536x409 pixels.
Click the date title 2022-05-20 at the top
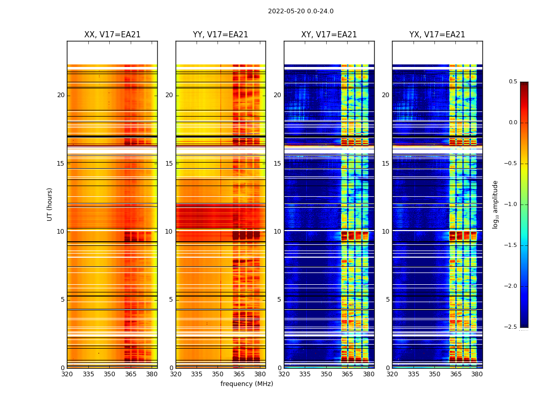pyautogui.click(x=301, y=11)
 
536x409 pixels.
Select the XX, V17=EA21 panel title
pyautogui.click(x=112, y=35)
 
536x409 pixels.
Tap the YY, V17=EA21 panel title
pyautogui.click(x=221, y=35)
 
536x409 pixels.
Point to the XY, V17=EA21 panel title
pyautogui.click(x=329, y=35)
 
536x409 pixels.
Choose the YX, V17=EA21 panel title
pyautogui.click(x=437, y=35)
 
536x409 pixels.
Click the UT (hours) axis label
pyautogui.click(x=50, y=204)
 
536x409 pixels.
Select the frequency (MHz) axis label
pyautogui.click(x=247, y=384)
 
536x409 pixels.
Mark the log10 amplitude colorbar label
pyautogui.click(x=495, y=204)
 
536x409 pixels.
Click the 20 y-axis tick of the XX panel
pyautogui.click(x=61, y=95)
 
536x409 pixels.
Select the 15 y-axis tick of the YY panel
pyautogui.click(x=169, y=164)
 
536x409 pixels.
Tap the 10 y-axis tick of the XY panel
pyautogui.click(x=277, y=232)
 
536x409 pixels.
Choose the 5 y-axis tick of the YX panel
pyautogui.click(x=387, y=300)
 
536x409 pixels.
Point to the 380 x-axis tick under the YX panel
pyautogui.click(x=477, y=374)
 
